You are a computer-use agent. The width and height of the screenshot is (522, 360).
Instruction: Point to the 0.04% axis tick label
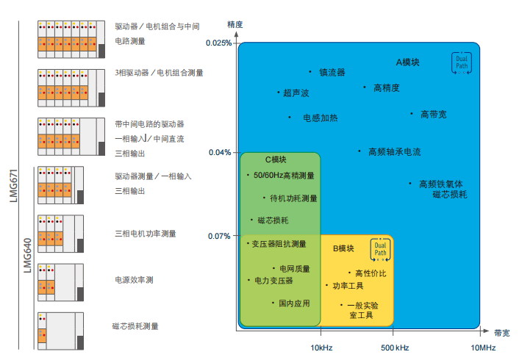tap(220, 153)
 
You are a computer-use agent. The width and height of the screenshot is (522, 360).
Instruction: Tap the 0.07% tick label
tap(220, 236)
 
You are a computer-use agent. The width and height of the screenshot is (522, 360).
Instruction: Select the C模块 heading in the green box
tap(276, 159)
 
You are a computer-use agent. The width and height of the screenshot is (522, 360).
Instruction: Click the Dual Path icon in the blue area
tap(462, 63)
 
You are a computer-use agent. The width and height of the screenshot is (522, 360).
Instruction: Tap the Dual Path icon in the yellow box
tap(379, 249)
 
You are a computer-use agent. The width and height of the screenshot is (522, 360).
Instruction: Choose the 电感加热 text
tap(321, 118)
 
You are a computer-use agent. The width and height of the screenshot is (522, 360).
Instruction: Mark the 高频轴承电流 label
tap(394, 152)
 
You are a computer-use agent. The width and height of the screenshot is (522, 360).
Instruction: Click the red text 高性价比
tap(371, 273)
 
